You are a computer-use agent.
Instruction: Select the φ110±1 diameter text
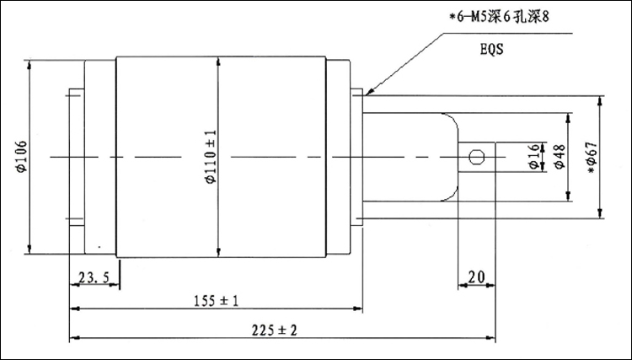pyautogui.click(x=210, y=155)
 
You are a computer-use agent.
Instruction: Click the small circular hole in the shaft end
pyautogui.click(x=476, y=156)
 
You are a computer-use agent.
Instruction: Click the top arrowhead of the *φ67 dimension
pyautogui.click(x=600, y=99)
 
